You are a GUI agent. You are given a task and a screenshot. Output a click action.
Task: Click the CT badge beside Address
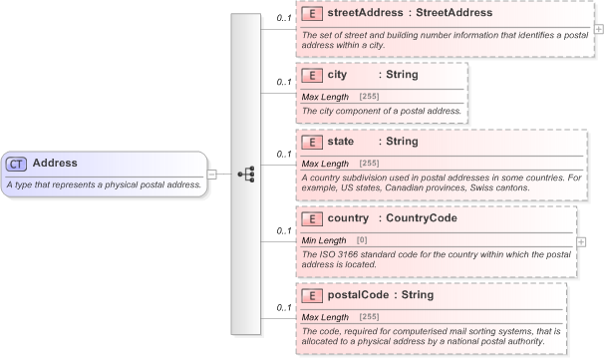[17, 164]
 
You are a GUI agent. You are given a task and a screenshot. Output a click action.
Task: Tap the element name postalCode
[358, 295]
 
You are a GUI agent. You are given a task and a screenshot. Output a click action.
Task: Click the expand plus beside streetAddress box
[598, 28]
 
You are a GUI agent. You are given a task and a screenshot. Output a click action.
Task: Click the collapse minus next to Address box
[212, 173]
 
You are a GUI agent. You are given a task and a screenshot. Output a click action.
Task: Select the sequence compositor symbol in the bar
[246, 173]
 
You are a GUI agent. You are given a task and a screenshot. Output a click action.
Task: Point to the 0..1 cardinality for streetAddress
[283, 19]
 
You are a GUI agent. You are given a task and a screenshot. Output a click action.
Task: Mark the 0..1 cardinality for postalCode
[283, 307]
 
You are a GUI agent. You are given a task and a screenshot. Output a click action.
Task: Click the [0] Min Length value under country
[362, 240]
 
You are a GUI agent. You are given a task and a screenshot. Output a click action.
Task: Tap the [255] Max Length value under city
[369, 96]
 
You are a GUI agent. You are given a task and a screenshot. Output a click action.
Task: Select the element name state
[343, 143]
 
